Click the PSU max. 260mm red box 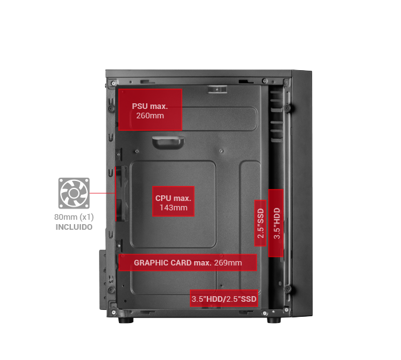pyautogui.click(x=150, y=110)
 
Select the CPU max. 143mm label pyautogui.click(x=174, y=202)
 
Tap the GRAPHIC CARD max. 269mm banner pyautogui.click(x=188, y=262)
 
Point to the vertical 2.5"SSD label pyautogui.click(x=261, y=223)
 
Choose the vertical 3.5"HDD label pyautogui.click(x=276, y=223)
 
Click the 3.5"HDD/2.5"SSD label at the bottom pyautogui.click(x=224, y=299)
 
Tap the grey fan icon pyautogui.click(x=74, y=193)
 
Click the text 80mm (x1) pyautogui.click(x=74, y=217)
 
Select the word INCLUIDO pyautogui.click(x=74, y=227)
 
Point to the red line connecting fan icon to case pyautogui.click(x=102, y=193)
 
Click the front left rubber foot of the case pyautogui.click(x=126, y=320)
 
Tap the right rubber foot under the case pyautogui.click(x=274, y=320)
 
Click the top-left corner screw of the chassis pyautogui.click(x=113, y=83)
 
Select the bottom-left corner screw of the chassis pyautogui.click(x=113, y=312)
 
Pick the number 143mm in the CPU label pyautogui.click(x=174, y=207)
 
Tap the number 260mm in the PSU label pyautogui.click(x=150, y=115)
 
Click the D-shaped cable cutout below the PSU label pyautogui.click(x=169, y=143)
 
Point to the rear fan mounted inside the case pyautogui.click(x=122, y=193)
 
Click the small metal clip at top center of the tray pyautogui.click(x=217, y=90)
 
